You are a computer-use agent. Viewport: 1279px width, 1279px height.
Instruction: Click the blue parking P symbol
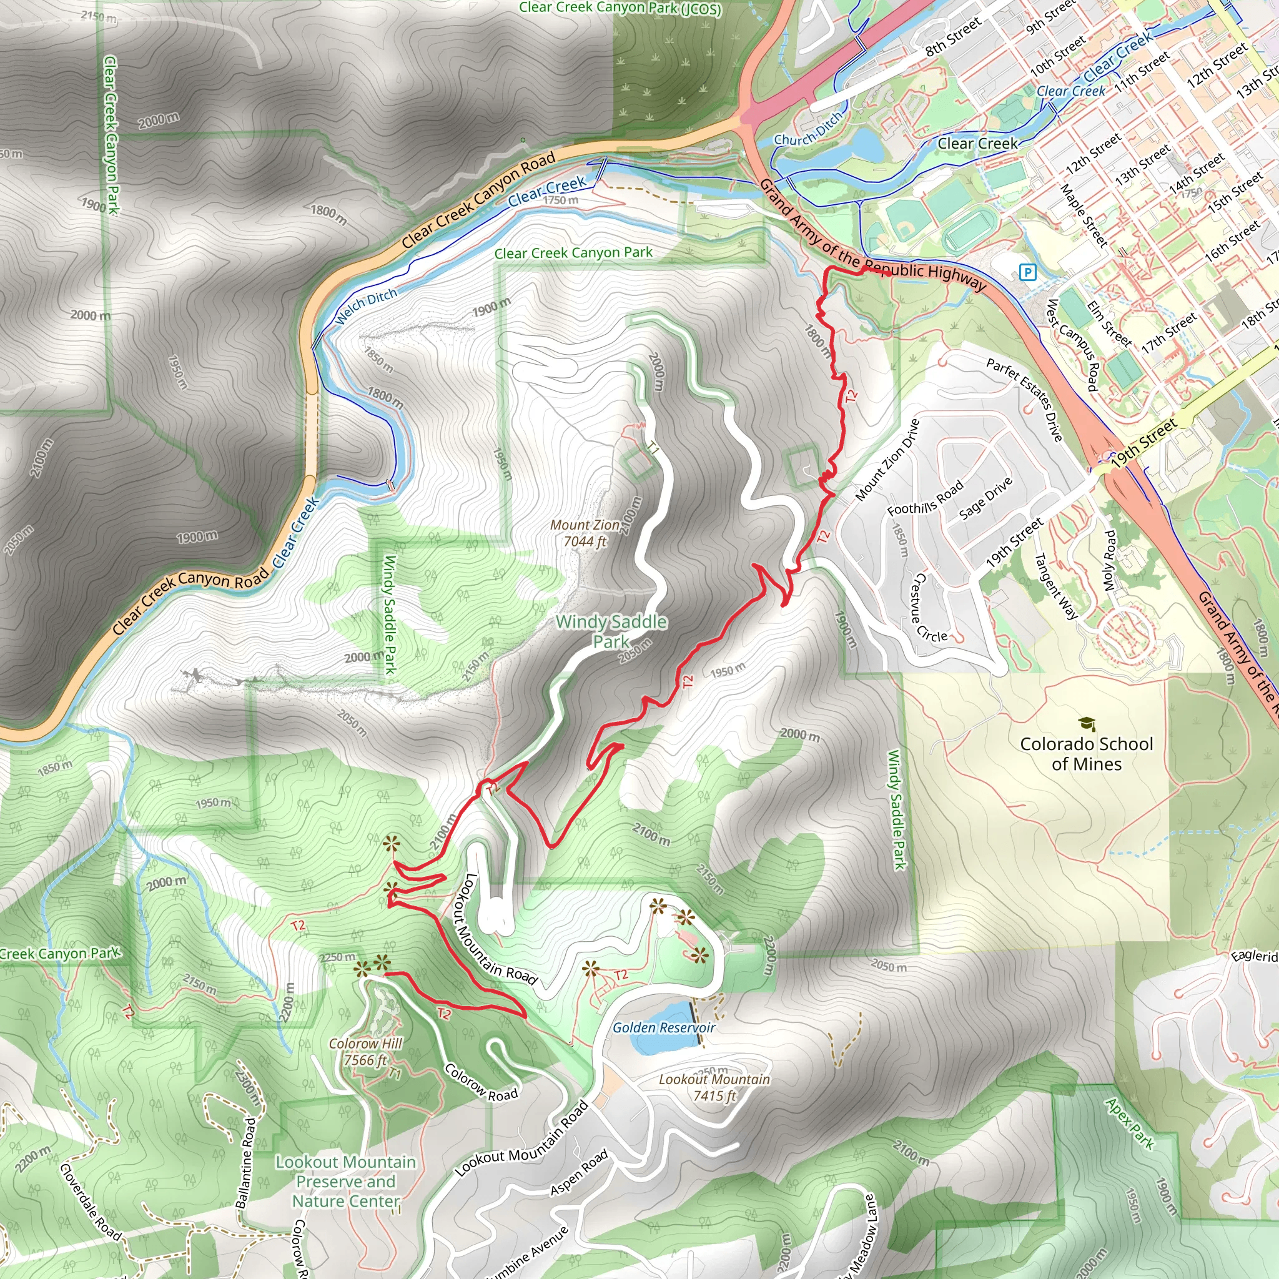1027,272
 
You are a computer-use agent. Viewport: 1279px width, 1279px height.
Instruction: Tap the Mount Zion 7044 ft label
585,533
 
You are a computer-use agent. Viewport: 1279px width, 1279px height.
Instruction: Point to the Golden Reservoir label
663,1027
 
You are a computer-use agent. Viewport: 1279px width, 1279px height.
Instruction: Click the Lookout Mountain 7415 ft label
714,1088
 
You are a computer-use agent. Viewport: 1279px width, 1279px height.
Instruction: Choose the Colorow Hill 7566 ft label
365,1051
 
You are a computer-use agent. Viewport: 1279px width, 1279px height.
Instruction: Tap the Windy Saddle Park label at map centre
611,631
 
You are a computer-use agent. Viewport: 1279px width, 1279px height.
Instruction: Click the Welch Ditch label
365,307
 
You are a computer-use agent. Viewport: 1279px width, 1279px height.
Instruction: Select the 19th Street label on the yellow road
1144,442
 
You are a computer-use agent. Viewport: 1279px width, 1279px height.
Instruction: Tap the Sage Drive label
985,497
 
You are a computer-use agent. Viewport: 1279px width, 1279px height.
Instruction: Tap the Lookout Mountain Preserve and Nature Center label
345,1182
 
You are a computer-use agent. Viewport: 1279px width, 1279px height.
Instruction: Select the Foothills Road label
925,498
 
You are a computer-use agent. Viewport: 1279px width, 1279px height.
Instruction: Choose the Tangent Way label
1055,586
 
